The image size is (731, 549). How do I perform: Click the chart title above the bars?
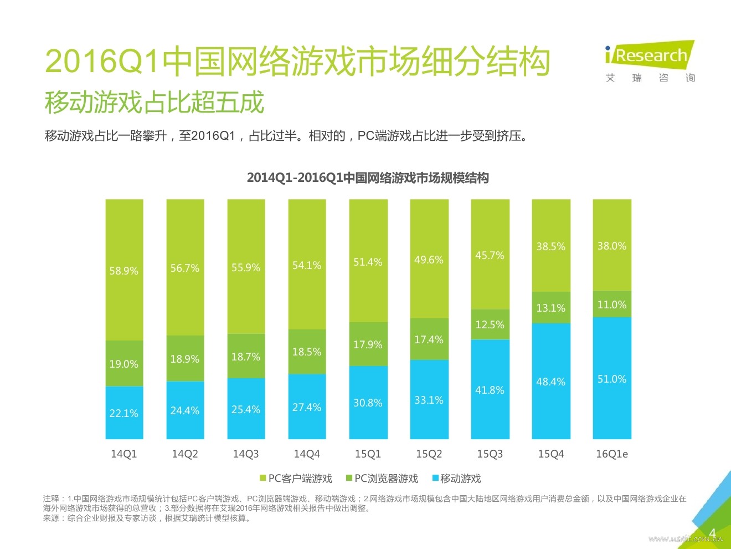coord(368,178)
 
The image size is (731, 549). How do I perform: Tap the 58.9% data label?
coord(123,271)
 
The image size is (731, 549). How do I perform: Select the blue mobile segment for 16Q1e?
coord(612,378)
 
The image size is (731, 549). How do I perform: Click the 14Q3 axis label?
coord(246,454)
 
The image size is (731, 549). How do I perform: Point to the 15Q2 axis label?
coord(429,454)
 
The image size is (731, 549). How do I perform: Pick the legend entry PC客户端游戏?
coord(296,479)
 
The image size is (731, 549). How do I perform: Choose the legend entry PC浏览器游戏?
coord(382,479)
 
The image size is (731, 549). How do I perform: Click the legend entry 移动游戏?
coord(457,479)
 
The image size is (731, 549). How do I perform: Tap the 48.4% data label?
coord(550,382)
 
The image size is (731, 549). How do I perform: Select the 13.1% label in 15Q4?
coord(550,308)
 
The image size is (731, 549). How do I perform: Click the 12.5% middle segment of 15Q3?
coord(490,324)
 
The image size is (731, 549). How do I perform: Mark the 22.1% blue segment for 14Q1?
coord(124,413)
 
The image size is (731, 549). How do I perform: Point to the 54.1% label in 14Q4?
coord(307,266)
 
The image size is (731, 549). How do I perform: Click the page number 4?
coord(713,533)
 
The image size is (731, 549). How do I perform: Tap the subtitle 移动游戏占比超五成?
coord(155,103)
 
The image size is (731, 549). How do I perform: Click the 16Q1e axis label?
coord(612,454)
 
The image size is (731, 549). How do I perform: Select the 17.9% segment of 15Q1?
coord(368,344)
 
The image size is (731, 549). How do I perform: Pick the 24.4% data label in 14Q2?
coord(184,411)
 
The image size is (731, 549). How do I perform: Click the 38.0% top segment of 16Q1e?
coord(612,246)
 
